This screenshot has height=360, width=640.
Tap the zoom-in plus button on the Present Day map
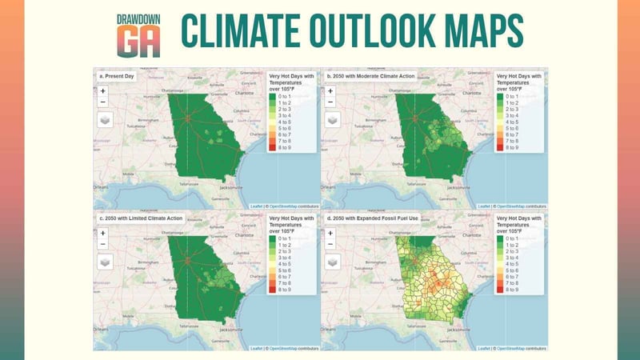pos(102,90)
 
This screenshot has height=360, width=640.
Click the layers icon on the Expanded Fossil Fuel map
pos(332,260)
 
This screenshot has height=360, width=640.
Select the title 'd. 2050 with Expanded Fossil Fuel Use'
pos(373,216)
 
